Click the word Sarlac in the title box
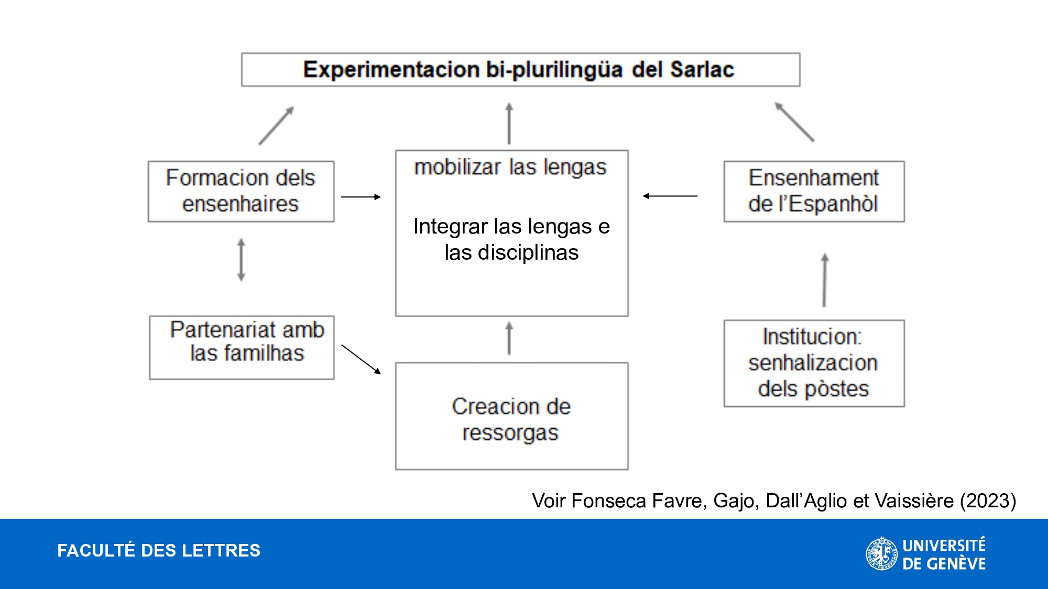[x=702, y=70]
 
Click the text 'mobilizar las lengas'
[x=510, y=168]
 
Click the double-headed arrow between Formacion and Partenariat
[x=241, y=260]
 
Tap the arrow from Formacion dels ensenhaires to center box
[x=361, y=197]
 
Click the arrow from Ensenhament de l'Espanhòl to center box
[x=670, y=196]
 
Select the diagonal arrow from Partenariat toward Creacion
[x=361, y=359]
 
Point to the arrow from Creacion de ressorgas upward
[x=509, y=338]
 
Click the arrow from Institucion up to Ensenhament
[x=825, y=280]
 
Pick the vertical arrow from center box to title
[x=509, y=123]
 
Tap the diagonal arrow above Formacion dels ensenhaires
[x=277, y=126]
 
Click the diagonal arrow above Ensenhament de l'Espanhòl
[x=794, y=121]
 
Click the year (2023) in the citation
[x=988, y=501]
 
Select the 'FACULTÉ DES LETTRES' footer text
[x=159, y=551]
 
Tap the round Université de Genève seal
[x=881, y=553]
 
